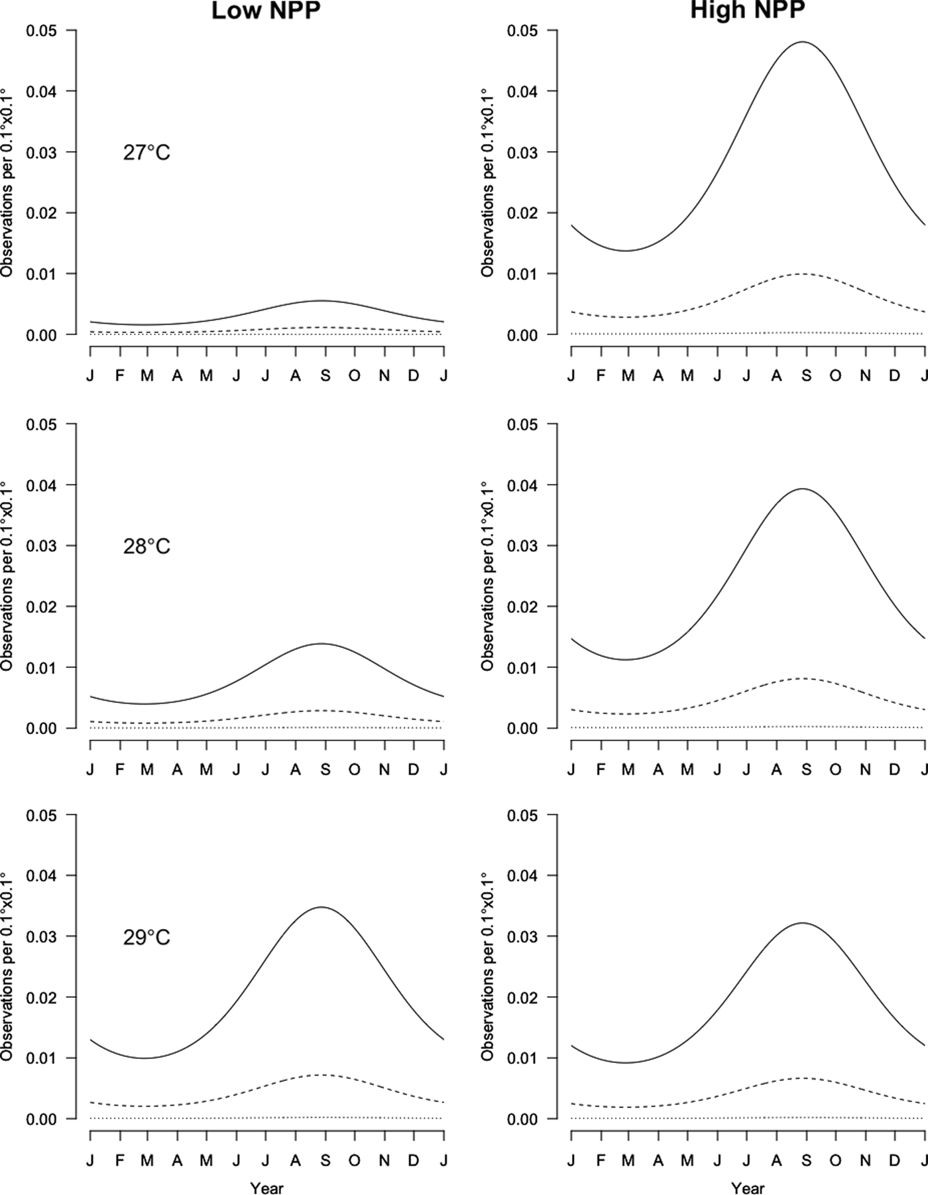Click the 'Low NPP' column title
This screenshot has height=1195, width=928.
tap(266, 11)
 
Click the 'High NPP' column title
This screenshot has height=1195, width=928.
tap(747, 11)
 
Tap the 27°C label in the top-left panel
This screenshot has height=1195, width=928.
tap(146, 153)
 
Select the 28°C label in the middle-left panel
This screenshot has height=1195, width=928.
tap(146, 546)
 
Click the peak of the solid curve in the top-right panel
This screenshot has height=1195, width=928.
tap(802, 42)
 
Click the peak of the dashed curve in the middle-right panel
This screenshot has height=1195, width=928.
tap(802, 678)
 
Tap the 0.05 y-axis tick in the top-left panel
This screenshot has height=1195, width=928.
tap(41, 31)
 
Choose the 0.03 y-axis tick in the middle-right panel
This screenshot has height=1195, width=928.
tap(522, 546)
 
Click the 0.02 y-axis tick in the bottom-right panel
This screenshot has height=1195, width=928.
tap(522, 997)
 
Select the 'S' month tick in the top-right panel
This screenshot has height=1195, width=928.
tap(806, 376)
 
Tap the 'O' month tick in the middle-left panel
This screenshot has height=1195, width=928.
tap(354, 770)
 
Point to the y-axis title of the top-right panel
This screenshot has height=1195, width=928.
tap(488, 182)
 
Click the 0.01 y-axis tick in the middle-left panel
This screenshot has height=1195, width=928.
tap(41, 667)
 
